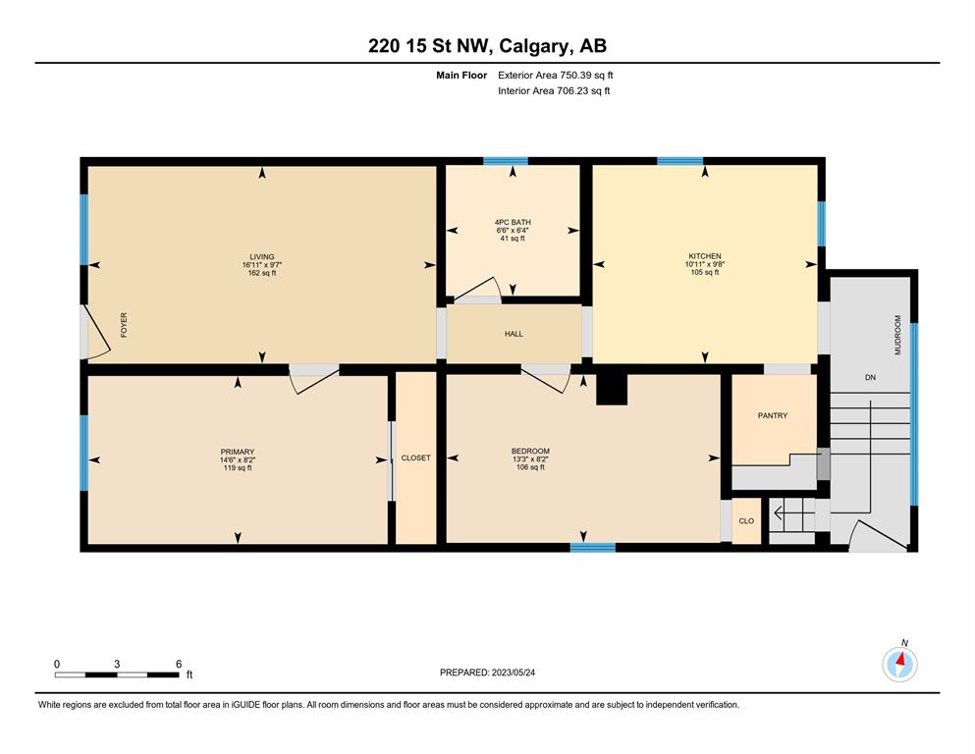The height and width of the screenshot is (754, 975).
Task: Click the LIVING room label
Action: (x=262, y=256)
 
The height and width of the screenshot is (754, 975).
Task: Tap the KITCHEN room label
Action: (x=705, y=256)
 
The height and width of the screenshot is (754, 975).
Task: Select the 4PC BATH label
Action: (x=513, y=222)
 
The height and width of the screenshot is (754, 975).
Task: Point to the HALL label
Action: (x=514, y=334)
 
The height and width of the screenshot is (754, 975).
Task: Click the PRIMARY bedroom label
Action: (x=238, y=452)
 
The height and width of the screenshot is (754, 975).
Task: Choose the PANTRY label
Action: (x=773, y=415)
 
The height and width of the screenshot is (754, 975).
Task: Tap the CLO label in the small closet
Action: (x=746, y=521)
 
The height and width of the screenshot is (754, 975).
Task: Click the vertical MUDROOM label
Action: (x=897, y=335)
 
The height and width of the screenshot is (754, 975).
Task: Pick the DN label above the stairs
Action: (x=870, y=377)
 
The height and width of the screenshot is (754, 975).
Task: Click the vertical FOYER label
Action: (x=124, y=325)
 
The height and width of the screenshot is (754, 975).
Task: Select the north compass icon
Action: (x=899, y=665)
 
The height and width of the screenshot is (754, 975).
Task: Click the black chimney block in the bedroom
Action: (x=612, y=390)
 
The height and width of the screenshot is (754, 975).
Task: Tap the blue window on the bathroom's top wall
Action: (x=506, y=161)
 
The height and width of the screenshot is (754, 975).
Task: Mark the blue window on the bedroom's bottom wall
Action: (x=593, y=548)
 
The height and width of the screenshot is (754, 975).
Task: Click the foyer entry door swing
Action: (x=96, y=334)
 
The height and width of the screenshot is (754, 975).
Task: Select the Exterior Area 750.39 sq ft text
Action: (x=556, y=76)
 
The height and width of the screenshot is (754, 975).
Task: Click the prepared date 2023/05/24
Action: (x=513, y=673)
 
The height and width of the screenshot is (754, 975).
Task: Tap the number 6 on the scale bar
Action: (x=179, y=664)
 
